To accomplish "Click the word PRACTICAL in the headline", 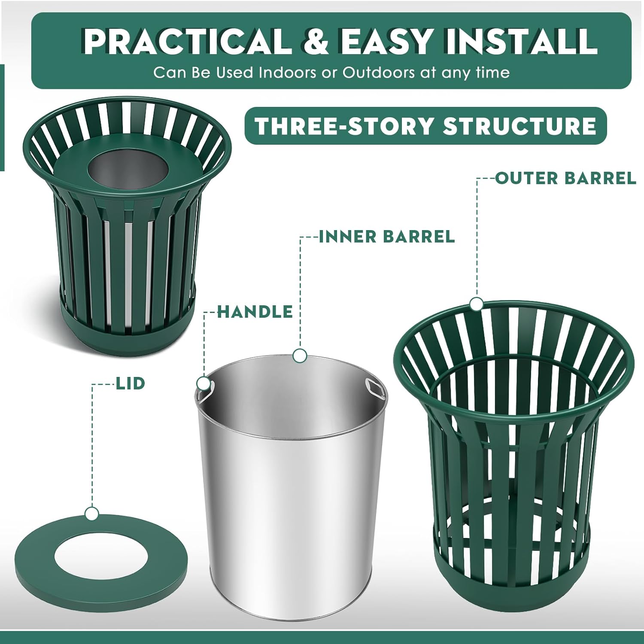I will click(x=187, y=41).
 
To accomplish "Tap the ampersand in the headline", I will click(x=316, y=41).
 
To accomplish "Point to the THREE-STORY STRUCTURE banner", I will click(x=425, y=126).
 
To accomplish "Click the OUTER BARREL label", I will click(x=565, y=178).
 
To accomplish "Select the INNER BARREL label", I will click(x=387, y=237).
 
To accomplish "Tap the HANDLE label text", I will click(x=255, y=312).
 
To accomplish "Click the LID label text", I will click(x=131, y=383).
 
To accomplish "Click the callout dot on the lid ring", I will click(x=92, y=513).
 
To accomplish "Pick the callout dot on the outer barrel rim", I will click(x=476, y=304).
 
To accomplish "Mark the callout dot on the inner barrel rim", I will click(x=300, y=355).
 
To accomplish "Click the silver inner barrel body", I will click(x=292, y=515).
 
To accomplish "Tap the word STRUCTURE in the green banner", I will click(x=519, y=126).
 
